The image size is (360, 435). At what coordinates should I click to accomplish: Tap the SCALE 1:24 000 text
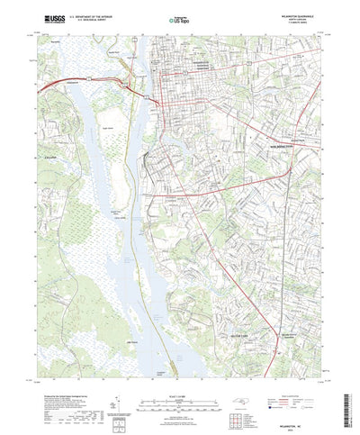pos(180,368)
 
